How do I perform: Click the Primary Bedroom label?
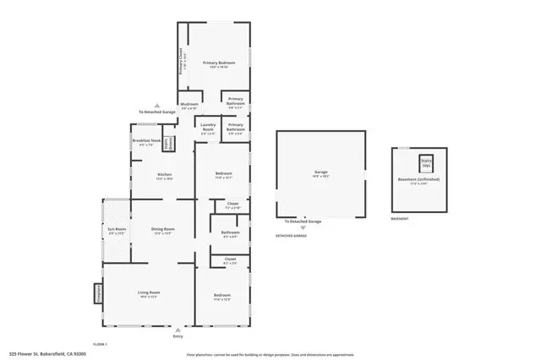point(218,64)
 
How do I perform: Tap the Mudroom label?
point(189,106)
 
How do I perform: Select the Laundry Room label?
point(207,130)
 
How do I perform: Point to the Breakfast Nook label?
point(143,142)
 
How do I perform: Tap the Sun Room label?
point(116,231)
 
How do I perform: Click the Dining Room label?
point(162,230)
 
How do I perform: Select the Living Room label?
point(149,294)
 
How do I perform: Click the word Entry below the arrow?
point(178,337)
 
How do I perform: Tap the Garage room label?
point(320,173)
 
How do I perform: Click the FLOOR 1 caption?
point(101,344)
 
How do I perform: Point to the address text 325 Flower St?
point(47,354)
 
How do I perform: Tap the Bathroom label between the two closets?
point(230,233)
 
